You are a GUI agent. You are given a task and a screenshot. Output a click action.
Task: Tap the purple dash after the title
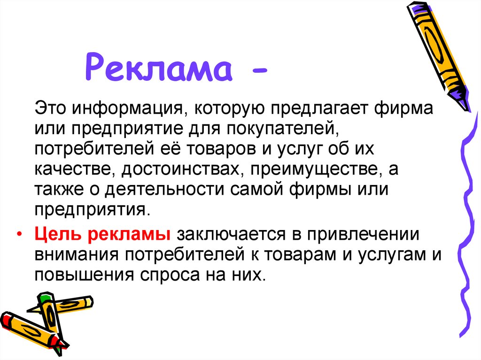[259, 72]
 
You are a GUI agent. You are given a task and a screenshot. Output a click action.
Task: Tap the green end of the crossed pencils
[44, 297]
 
